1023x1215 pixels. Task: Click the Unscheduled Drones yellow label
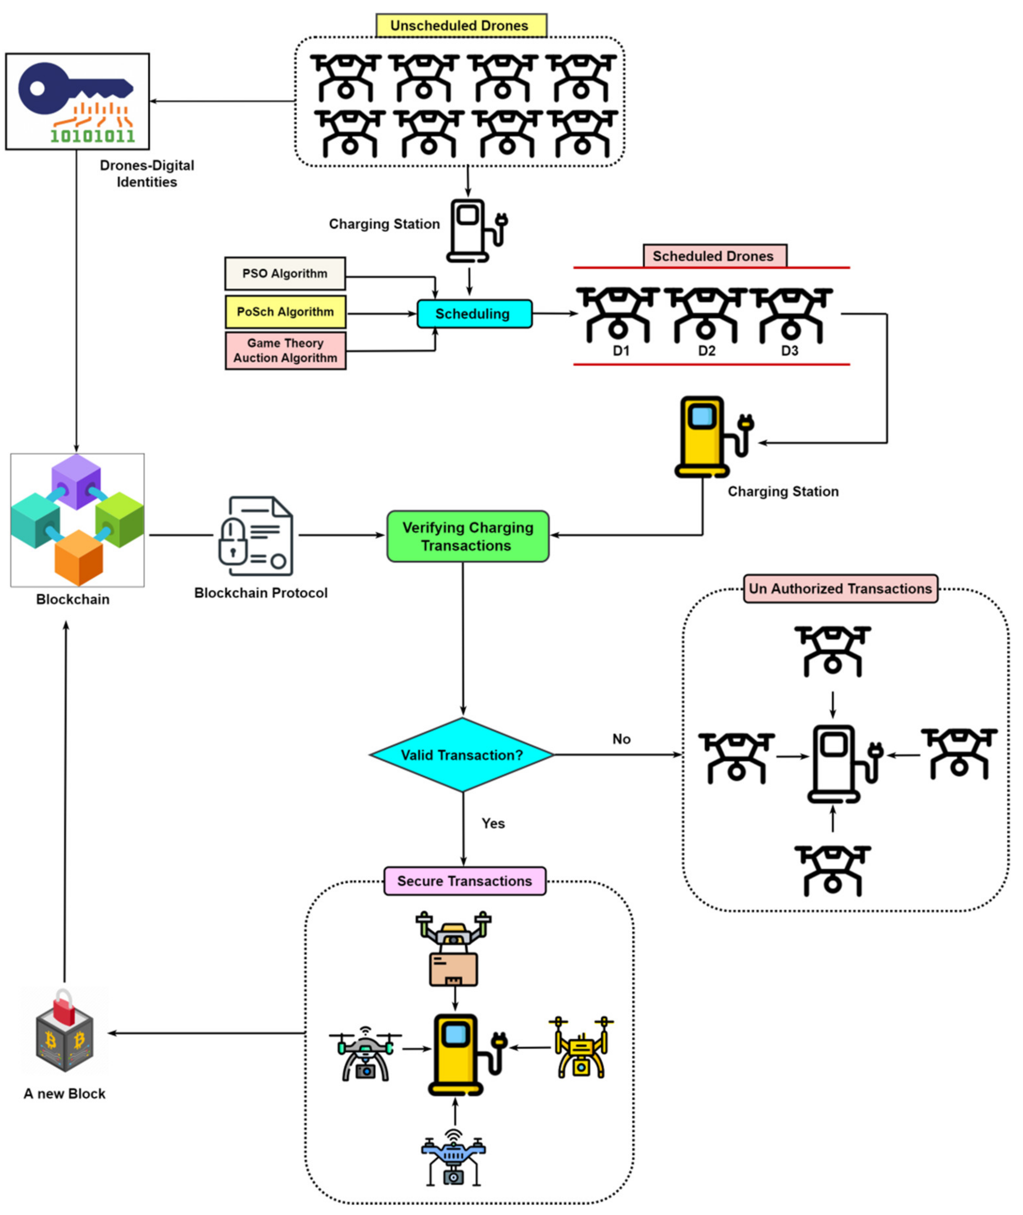click(461, 26)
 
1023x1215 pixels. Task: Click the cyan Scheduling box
click(475, 314)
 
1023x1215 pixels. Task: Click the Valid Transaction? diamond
click(462, 754)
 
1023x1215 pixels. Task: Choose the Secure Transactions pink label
click(465, 881)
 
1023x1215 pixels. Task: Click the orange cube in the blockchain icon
click(79, 557)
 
